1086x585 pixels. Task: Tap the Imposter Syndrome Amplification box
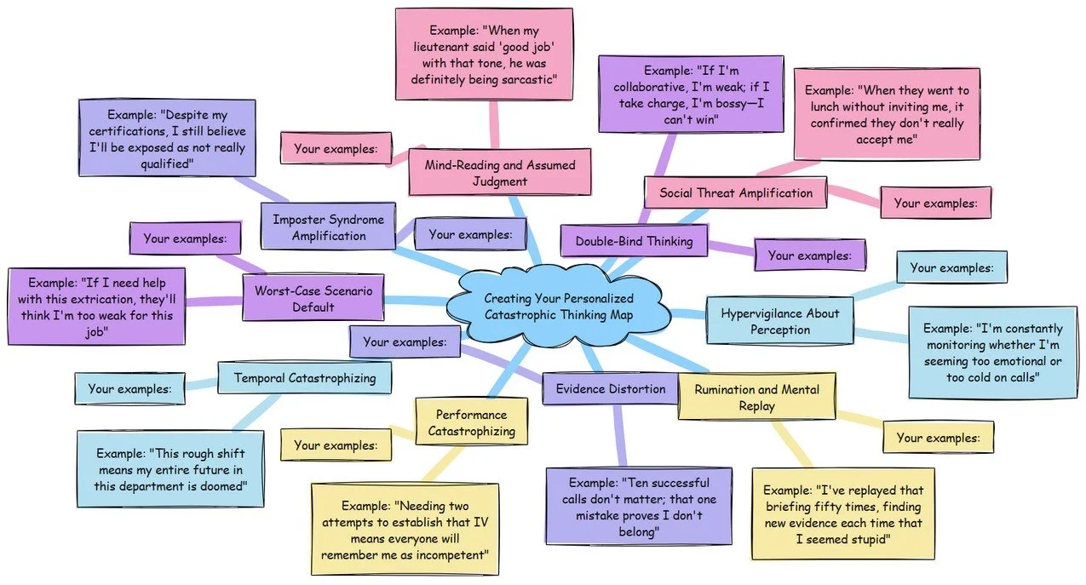click(329, 227)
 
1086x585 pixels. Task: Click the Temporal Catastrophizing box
click(305, 377)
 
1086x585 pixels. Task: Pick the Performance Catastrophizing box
click(471, 422)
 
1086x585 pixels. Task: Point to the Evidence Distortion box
click(611, 389)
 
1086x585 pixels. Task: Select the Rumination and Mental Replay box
click(756, 398)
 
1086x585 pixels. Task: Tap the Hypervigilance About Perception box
click(780, 321)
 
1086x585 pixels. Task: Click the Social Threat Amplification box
click(735, 192)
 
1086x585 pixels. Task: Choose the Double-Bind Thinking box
click(634, 241)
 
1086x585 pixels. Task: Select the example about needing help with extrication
click(96, 307)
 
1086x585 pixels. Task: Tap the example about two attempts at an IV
click(405, 530)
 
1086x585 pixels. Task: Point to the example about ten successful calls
click(639, 506)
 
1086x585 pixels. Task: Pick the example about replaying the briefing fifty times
click(843, 513)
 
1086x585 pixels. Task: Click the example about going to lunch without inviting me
click(887, 114)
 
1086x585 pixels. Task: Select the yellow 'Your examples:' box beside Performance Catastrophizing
click(335, 445)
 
